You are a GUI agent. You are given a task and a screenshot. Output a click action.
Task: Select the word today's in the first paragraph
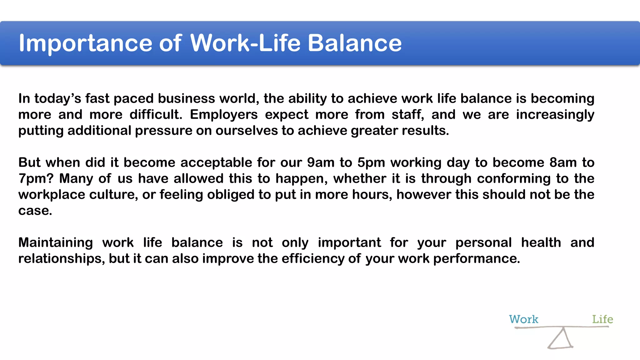pyautogui.click(x=57, y=99)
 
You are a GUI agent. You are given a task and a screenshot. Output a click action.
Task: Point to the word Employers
pyautogui.click(x=224, y=115)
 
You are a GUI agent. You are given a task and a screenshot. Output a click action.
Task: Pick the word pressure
pyautogui.click(x=163, y=131)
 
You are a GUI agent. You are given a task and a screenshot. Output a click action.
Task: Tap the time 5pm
pyautogui.click(x=371, y=163)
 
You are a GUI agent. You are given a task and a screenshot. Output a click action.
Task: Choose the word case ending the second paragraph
pyautogui.click(x=35, y=211)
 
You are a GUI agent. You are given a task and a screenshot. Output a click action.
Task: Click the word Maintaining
pyautogui.click(x=56, y=243)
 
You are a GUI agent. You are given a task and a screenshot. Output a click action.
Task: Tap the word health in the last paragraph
pyautogui.click(x=541, y=243)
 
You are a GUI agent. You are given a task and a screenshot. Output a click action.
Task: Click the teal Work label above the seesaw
pyautogui.click(x=523, y=319)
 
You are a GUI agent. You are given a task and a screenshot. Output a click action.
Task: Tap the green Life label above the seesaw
pyautogui.click(x=602, y=319)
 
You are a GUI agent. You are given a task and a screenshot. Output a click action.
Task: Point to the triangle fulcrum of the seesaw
pyautogui.click(x=561, y=339)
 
